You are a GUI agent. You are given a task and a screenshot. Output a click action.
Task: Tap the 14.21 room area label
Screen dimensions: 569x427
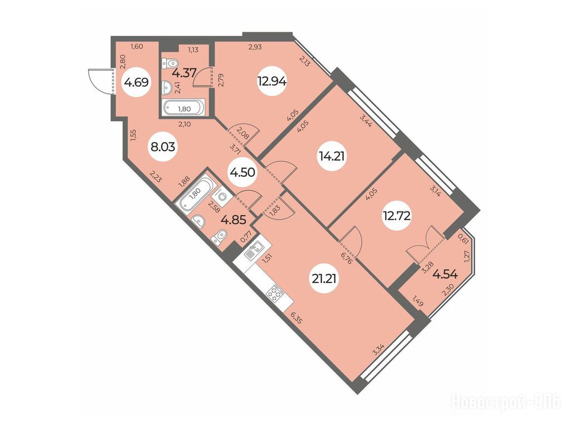[x=332, y=156]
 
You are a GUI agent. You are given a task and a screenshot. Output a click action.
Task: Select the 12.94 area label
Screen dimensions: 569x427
[x=272, y=81]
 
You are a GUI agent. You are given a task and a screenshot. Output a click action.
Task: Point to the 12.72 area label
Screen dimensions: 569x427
[x=397, y=216]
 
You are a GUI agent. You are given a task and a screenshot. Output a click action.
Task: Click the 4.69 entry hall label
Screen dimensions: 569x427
[x=136, y=82]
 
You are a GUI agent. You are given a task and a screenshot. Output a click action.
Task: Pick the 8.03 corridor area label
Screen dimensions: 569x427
[x=163, y=147]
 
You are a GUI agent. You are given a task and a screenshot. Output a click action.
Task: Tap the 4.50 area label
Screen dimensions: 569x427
[x=242, y=172]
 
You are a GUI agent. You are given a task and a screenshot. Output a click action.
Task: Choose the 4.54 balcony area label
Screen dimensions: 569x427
[x=445, y=274]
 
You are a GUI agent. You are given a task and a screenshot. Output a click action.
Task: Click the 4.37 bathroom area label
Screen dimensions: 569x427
[x=184, y=73]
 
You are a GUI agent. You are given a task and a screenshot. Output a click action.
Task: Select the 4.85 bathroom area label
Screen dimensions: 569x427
[x=234, y=220]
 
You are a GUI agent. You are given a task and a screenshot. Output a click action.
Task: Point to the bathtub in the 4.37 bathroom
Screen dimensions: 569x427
[x=182, y=107]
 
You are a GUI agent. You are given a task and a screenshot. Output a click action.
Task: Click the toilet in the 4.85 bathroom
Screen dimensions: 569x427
[x=219, y=238]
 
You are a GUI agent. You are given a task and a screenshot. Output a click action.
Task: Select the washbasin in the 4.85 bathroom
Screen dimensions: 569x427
[x=198, y=220]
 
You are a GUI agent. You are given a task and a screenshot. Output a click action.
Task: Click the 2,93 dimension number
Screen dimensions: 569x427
[x=255, y=47]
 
